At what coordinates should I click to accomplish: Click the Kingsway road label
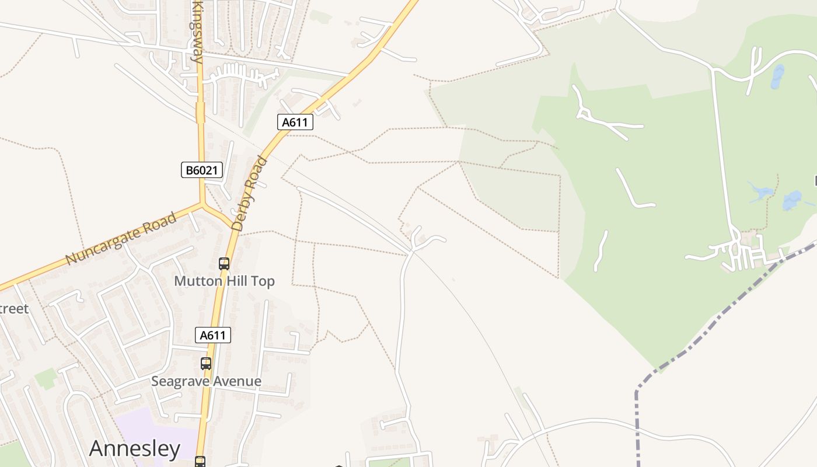pos(198,32)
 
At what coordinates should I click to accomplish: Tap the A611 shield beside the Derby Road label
pos(295,122)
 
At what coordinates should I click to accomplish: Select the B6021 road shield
pos(201,170)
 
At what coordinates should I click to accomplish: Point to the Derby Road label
pos(249,193)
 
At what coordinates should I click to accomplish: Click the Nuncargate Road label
pos(121,239)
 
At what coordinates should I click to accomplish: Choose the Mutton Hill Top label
pos(224,281)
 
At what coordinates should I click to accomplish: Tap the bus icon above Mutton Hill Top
pos(224,264)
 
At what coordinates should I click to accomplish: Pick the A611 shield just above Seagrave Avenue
pos(212,335)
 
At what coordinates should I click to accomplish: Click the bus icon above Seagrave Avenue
pos(206,364)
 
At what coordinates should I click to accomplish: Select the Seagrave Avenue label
pos(206,381)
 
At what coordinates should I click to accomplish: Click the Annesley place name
pos(135,448)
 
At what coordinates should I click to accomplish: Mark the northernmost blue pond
pos(777,76)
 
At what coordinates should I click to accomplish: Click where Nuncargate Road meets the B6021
pos(202,204)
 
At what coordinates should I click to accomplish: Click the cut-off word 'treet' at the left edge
pos(14,308)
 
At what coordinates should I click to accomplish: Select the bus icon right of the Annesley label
pos(200,461)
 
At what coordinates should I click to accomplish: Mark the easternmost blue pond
pos(792,200)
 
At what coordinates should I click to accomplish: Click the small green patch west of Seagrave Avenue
pos(46,378)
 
